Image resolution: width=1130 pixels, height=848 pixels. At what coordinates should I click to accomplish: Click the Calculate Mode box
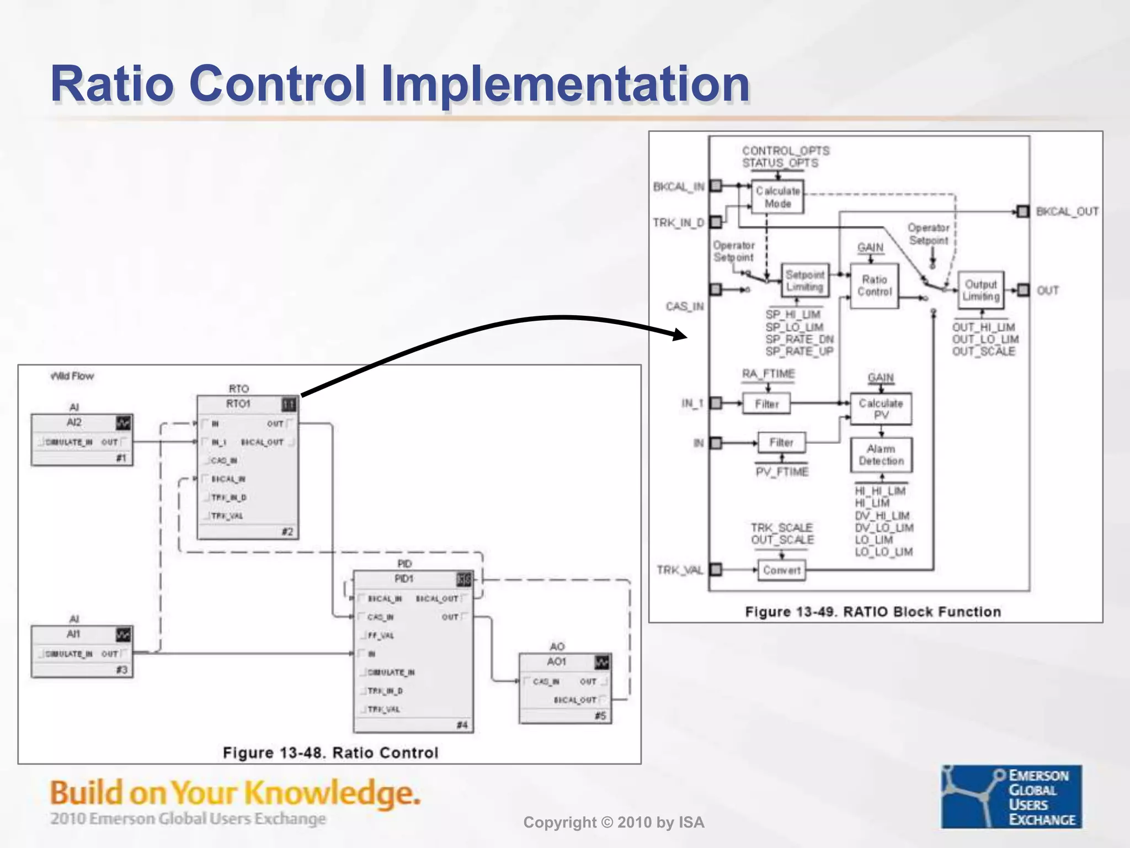(x=777, y=197)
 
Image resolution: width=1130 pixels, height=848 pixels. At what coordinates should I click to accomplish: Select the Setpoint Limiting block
(x=804, y=280)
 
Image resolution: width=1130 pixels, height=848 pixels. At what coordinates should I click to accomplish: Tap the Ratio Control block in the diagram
(x=874, y=285)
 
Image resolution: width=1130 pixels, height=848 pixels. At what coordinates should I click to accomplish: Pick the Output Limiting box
(x=980, y=290)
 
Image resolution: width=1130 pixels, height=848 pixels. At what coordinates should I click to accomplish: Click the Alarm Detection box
(x=881, y=455)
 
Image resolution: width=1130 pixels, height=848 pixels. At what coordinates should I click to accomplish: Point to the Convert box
(x=781, y=570)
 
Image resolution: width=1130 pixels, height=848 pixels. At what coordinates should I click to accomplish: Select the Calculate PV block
(x=881, y=409)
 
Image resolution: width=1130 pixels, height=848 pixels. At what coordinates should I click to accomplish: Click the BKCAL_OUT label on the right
(x=1067, y=211)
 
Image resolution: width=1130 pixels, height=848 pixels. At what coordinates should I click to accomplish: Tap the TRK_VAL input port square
(x=716, y=569)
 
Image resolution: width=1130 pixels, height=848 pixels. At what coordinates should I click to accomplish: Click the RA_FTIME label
(x=768, y=374)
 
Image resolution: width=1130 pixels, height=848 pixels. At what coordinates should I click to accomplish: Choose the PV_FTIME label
(x=782, y=471)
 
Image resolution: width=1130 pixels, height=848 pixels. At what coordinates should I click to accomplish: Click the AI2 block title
(x=74, y=422)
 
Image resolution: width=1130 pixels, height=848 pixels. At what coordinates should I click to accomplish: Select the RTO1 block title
(x=238, y=404)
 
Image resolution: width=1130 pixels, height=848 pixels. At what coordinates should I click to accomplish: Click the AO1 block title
(x=556, y=661)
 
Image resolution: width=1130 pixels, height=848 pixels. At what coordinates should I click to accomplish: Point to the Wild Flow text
(x=72, y=376)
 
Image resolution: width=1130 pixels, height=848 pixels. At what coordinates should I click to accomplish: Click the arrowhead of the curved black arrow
(x=681, y=334)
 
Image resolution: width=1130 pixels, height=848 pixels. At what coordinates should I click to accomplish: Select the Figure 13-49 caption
(x=872, y=612)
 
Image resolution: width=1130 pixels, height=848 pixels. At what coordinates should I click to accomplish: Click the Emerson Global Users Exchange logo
(x=1011, y=796)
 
